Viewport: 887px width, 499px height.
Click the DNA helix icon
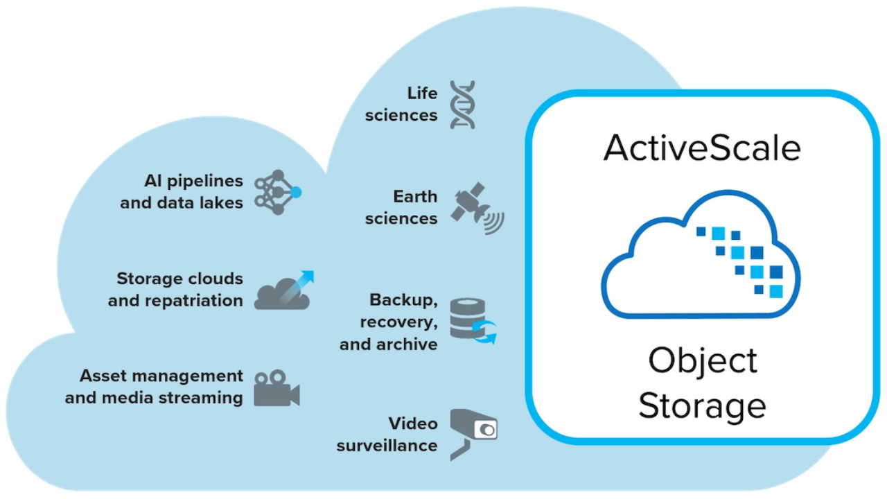tap(462, 105)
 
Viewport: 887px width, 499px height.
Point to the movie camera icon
tap(276, 388)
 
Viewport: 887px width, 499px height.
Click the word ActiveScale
tap(701, 148)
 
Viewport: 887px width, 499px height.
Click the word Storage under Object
tap(701, 405)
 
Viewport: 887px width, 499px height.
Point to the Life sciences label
tap(402, 104)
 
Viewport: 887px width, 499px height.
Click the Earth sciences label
tap(402, 208)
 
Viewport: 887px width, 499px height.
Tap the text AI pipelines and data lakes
tap(182, 192)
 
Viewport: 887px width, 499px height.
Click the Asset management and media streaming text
tap(155, 387)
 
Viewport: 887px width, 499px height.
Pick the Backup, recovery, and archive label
tap(389, 322)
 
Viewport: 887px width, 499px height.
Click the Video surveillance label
tap(388, 434)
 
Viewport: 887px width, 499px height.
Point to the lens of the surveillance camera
tap(488, 430)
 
